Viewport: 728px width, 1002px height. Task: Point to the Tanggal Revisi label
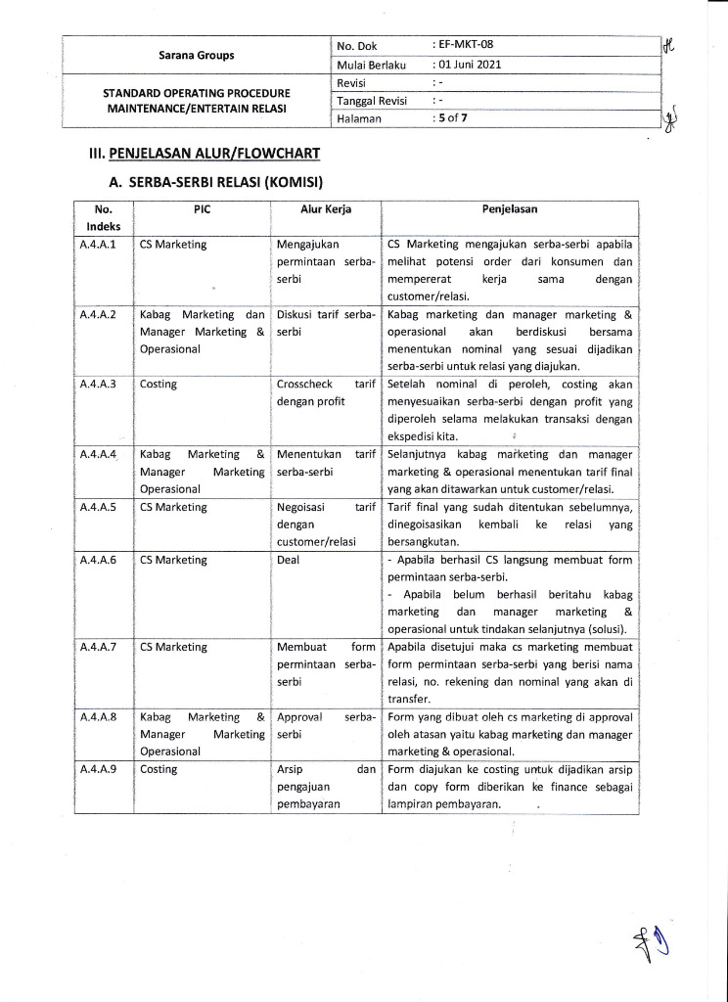[372, 101]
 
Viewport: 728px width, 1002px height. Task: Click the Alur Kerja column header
[326, 209]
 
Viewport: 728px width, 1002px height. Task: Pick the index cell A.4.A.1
[99, 245]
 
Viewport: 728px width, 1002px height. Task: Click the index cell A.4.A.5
[99, 507]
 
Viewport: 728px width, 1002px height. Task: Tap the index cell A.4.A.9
[99, 769]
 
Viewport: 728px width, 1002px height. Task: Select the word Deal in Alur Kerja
[289, 560]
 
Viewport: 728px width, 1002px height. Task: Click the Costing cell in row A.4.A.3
[159, 385]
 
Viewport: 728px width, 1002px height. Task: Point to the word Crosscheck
[308, 385]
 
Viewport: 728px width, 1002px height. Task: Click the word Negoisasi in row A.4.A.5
[304, 507]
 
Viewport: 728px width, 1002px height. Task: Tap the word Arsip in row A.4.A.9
[293, 769]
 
